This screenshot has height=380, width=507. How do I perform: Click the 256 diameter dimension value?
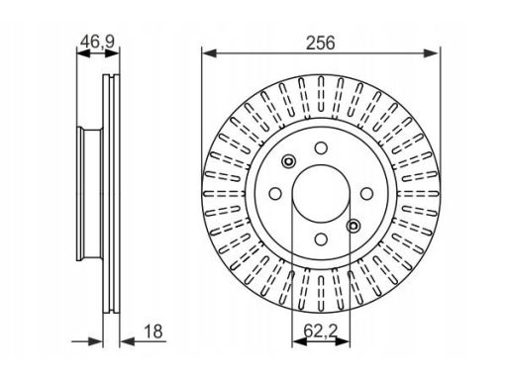(320, 44)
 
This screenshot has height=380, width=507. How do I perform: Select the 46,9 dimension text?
(98, 42)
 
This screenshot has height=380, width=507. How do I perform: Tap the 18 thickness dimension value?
(153, 332)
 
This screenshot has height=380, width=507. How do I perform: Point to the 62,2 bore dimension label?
(321, 332)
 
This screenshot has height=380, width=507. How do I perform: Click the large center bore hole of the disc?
(321, 194)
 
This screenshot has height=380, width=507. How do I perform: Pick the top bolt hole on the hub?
(321, 148)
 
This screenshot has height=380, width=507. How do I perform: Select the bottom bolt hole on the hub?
(321, 239)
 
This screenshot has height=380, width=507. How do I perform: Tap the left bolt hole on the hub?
(275, 194)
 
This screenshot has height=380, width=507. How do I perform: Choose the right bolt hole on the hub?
(366, 194)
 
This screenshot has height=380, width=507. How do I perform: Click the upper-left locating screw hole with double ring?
(288, 161)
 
